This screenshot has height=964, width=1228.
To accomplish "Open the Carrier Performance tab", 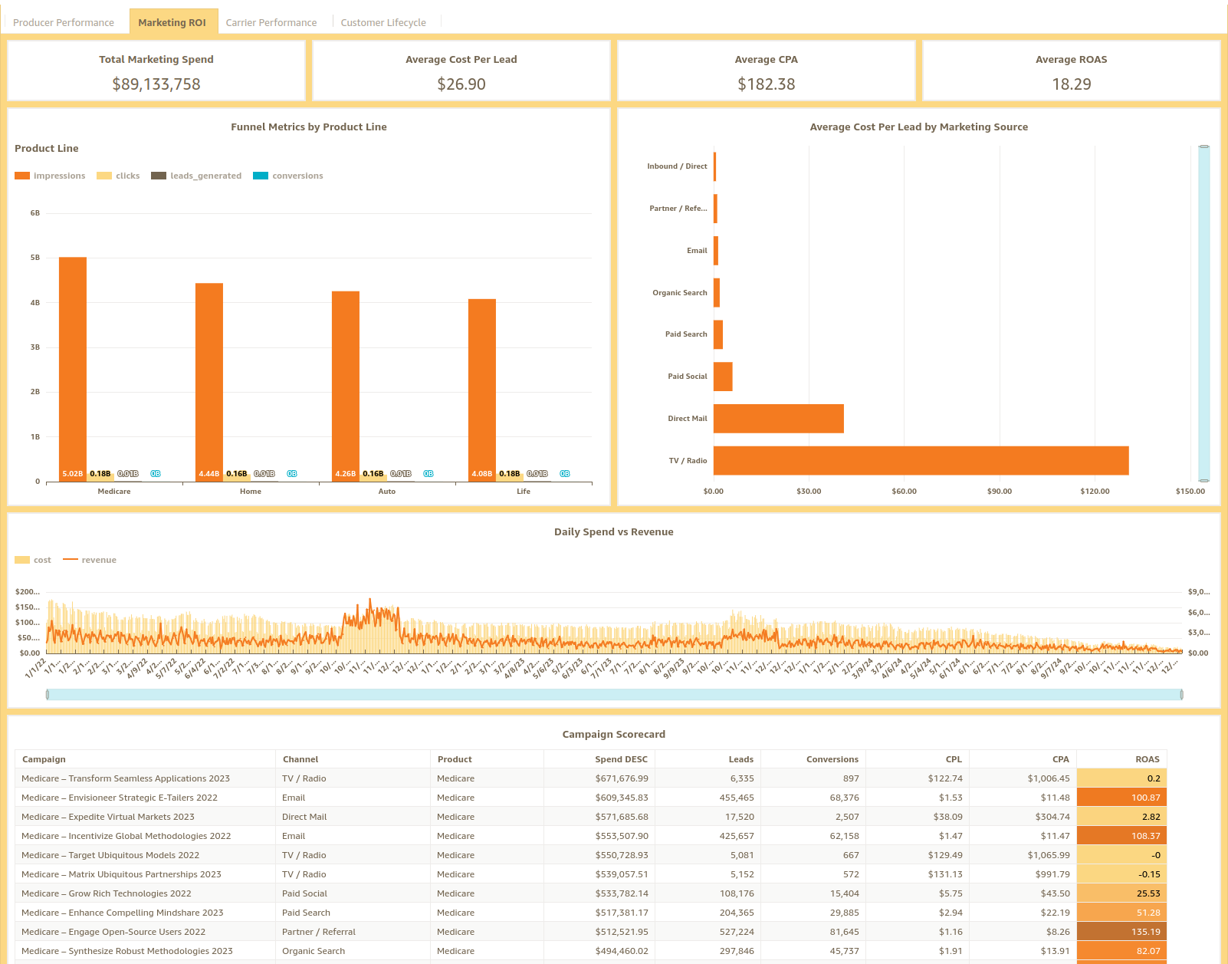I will point(271,22).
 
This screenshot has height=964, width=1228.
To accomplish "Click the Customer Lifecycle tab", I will point(383,22).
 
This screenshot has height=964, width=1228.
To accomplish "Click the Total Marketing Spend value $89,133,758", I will point(156,84).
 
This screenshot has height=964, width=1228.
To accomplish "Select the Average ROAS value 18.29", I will point(1071,84).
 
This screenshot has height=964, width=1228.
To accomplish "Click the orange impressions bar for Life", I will point(482,383).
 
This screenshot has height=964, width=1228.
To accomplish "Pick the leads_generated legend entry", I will point(197,176).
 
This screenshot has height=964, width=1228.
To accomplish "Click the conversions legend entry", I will point(288,176).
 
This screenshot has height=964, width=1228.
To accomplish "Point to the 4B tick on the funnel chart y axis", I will point(35,303).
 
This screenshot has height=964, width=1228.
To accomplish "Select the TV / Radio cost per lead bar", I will point(920,460).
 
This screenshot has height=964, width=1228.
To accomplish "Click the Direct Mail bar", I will point(778,419).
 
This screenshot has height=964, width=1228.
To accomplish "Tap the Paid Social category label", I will point(687,377).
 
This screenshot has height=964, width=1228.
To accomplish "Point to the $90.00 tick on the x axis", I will point(999,491).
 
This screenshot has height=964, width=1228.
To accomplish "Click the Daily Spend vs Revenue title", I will point(613,531).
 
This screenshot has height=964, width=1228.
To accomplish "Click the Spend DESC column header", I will point(621,759).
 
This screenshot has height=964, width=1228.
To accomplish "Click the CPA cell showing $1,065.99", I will point(1049,855).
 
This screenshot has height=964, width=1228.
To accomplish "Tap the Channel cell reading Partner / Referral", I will point(319,932).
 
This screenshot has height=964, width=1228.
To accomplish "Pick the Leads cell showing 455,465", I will point(736,798).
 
